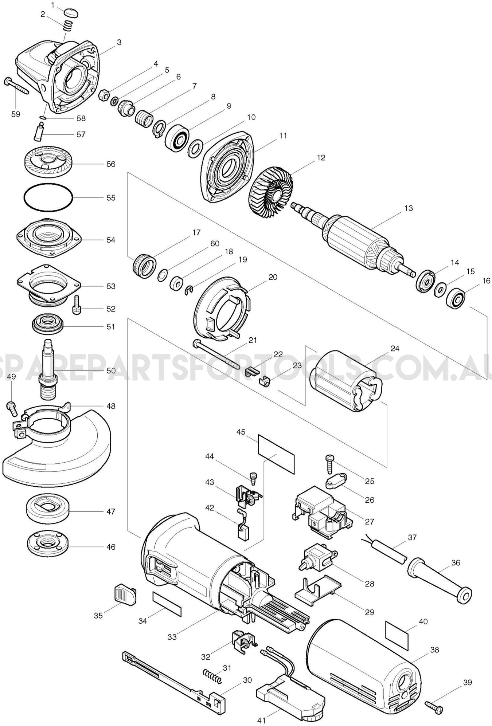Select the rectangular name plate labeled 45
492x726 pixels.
pos(276,454)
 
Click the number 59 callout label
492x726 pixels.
pos(15,114)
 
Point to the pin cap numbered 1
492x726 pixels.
pos(71,13)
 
